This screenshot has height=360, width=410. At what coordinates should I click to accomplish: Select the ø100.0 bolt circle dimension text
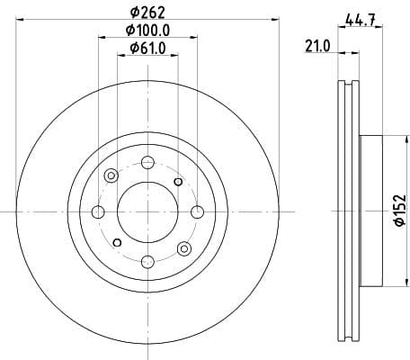click(x=147, y=32)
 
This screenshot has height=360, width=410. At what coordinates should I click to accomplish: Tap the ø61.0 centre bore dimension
click(x=147, y=49)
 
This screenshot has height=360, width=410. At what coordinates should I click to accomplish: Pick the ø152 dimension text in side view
click(x=400, y=212)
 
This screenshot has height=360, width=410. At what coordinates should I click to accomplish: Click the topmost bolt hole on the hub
click(x=147, y=162)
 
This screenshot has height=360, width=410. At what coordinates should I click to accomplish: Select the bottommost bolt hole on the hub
click(x=147, y=261)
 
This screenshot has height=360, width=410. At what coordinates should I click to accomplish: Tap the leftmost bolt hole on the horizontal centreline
click(x=98, y=211)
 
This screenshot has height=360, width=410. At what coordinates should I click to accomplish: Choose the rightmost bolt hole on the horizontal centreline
click(x=197, y=211)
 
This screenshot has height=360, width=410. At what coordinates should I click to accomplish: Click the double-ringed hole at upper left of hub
click(x=111, y=176)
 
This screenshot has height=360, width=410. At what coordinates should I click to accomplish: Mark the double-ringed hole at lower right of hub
click(x=183, y=247)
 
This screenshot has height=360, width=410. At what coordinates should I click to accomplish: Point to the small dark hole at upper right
click(x=178, y=182)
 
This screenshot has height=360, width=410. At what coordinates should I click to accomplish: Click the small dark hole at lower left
click(x=117, y=242)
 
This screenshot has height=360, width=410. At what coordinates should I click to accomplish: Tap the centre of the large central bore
click(x=147, y=211)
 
